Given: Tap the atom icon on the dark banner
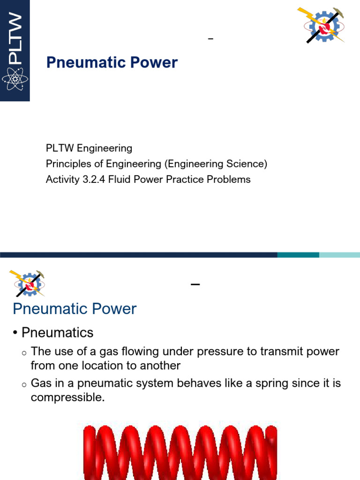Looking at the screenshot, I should [15, 79].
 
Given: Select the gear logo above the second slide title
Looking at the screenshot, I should [27, 283].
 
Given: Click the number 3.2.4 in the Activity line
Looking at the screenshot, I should [93, 180].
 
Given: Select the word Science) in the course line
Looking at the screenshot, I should [248, 164].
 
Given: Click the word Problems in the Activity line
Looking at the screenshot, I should [228, 180].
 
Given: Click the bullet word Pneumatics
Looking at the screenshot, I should [58, 333].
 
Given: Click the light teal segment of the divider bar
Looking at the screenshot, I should [339, 255].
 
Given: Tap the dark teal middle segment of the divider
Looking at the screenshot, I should [298, 255].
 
